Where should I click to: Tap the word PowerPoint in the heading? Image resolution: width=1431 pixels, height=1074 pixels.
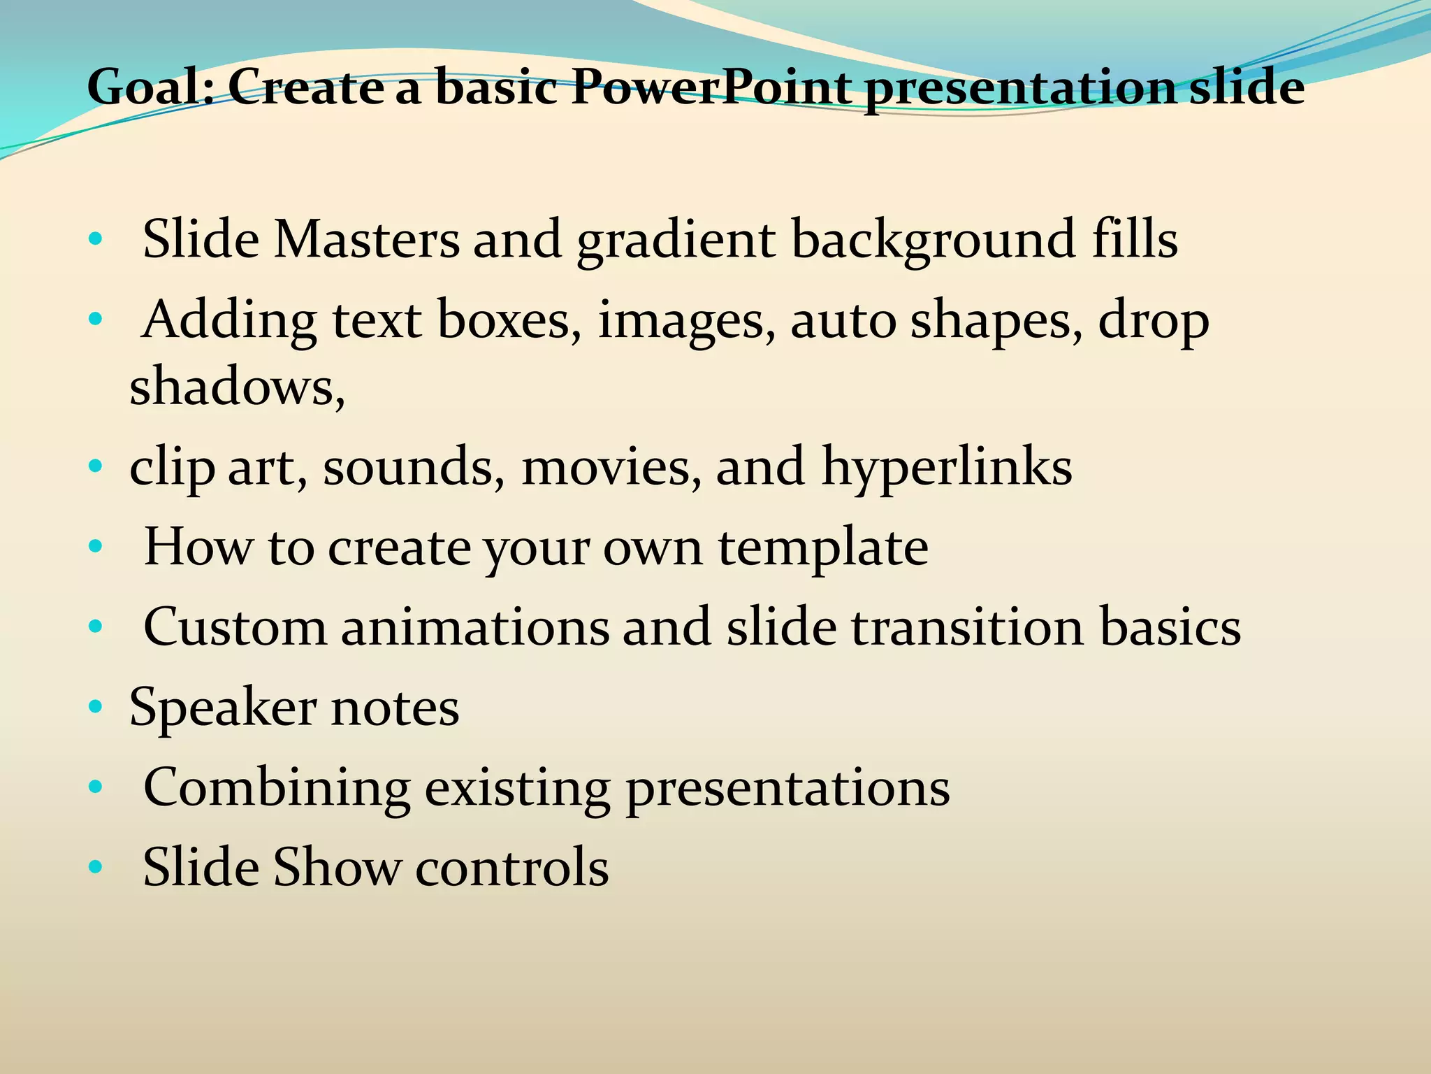711,87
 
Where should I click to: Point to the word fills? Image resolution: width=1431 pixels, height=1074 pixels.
1135,240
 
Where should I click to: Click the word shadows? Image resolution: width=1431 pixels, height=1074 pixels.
237,387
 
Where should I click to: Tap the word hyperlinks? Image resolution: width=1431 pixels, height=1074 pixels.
947,468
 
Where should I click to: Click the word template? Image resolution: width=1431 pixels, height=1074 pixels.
823,548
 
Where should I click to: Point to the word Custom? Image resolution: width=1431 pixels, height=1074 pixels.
235,627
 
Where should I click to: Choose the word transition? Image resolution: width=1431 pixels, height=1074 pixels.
967,627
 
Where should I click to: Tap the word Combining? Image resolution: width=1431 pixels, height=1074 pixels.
276,789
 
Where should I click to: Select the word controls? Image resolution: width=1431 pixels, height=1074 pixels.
511,868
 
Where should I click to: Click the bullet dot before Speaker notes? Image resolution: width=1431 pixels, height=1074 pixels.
96,708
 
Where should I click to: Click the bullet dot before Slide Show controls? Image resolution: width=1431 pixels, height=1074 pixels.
96,868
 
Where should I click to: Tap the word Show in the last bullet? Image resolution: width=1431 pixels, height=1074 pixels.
337,868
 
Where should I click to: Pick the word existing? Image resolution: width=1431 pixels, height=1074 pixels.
517,789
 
